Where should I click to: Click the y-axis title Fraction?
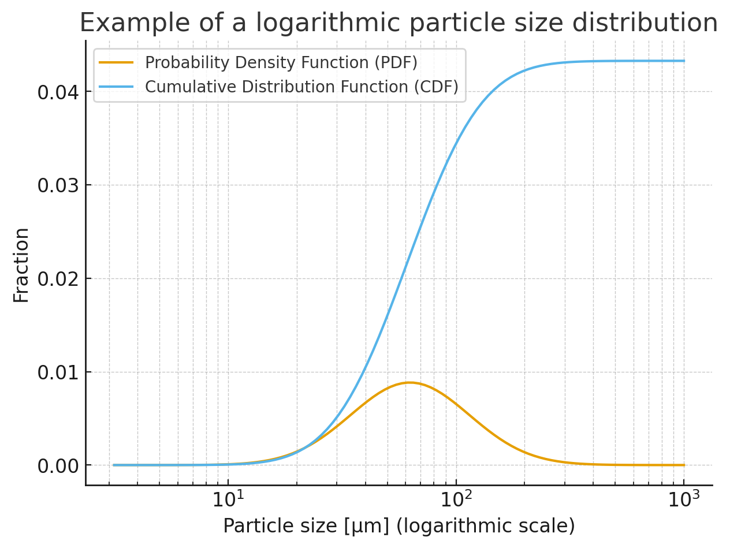point(21,265)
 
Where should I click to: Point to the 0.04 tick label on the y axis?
point(58,92)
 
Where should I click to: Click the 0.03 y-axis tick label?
point(58,185)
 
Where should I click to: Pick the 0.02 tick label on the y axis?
point(58,279)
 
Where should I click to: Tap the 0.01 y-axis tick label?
point(58,372)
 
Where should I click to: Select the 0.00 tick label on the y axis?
point(58,465)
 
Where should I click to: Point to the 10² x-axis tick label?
point(456,499)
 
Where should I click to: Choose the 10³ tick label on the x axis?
point(684,499)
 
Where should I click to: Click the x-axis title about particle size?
point(398,526)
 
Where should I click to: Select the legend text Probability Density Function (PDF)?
point(281,62)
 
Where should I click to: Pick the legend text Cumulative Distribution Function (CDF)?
point(301,87)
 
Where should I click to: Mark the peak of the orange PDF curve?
point(409,382)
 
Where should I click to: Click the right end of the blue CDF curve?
point(684,61)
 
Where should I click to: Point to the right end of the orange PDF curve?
point(684,465)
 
